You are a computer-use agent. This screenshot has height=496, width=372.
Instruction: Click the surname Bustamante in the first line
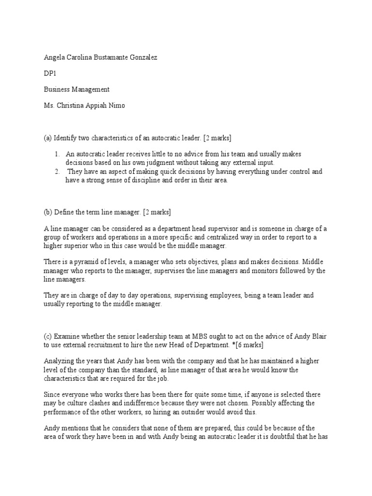(110, 57)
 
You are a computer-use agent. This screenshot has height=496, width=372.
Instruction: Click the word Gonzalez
(143, 57)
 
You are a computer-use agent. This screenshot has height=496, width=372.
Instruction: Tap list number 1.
(57, 154)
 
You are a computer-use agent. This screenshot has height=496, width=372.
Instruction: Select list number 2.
(57, 171)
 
